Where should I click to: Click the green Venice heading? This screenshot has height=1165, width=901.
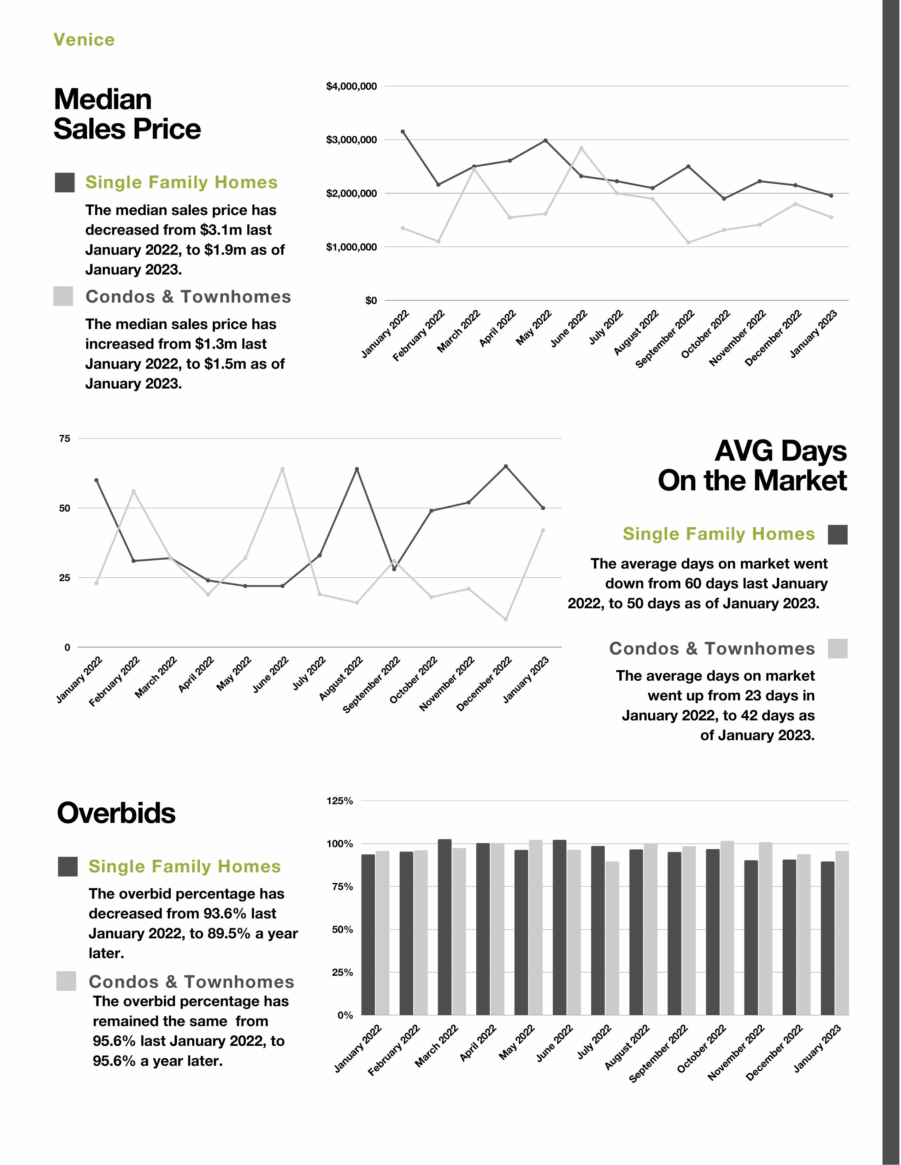point(84,40)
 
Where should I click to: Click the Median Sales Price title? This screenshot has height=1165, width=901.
point(127,114)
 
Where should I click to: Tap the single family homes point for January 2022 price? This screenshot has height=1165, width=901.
point(402,132)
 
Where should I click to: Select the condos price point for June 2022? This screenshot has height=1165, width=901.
point(581,148)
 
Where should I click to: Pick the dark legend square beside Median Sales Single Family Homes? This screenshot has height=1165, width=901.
point(65,183)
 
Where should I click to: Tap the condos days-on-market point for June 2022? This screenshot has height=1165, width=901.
point(282,470)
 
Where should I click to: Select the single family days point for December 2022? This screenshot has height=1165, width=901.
point(506,466)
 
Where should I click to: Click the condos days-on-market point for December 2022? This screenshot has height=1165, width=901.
point(506,619)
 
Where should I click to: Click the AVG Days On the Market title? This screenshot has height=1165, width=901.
point(752,466)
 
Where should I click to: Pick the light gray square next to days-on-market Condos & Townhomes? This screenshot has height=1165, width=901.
point(837,649)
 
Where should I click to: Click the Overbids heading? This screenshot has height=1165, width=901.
point(116,813)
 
